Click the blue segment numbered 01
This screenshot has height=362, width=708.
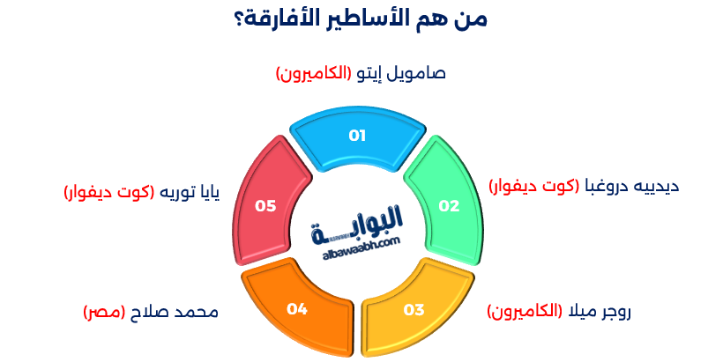pyautogui.click(x=357, y=137)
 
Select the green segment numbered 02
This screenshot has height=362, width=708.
pyautogui.click(x=449, y=205)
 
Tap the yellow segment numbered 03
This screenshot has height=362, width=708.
pyautogui.click(x=414, y=309)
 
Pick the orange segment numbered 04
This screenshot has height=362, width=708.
pyautogui.click(x=296, y=309)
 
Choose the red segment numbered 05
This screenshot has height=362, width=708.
pyautogui.click(x=265, y=205)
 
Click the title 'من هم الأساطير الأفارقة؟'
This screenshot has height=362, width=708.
pyautogui.click(x=354, y=18)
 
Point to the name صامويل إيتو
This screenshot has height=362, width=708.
pyautogui.click(x=400, y=73)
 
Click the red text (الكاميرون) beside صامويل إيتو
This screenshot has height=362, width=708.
pyautogui.click(x=314, y=73)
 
